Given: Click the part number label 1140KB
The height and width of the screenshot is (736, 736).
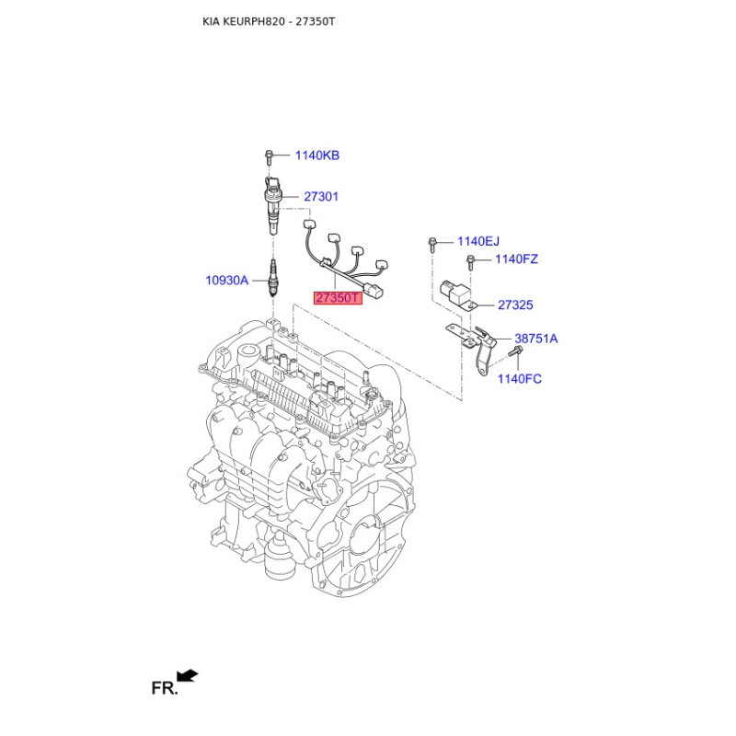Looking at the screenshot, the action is click(316, 155).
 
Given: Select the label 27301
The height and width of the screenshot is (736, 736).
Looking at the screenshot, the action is click(321, 197).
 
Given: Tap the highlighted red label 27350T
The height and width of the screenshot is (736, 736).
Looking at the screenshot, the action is click(338, 298).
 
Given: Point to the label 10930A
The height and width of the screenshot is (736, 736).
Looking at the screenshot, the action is click(226, 281).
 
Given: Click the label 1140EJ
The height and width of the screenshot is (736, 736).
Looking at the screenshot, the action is click(478, 241).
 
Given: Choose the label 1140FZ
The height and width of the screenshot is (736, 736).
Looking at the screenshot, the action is click(516, 259).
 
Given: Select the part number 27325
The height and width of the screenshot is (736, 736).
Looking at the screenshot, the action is click(515, 305).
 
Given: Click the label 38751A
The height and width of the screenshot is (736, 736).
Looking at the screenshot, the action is click(536, 339).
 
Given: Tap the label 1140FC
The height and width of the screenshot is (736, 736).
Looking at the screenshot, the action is click(520, 379).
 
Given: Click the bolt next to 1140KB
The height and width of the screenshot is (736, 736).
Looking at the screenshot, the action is click(269, 157).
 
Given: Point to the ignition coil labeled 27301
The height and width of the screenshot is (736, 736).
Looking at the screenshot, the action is click(273, 204).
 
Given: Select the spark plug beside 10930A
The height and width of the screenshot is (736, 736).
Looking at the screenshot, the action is click(272, 278).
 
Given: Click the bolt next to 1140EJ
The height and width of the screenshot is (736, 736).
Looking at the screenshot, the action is click(432, 245).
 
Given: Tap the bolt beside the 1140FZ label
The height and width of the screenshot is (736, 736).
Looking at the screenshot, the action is click(471, 262).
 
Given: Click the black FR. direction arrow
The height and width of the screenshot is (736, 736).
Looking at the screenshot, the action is click(188, 675).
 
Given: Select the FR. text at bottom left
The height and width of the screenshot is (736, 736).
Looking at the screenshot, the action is click(165, 688).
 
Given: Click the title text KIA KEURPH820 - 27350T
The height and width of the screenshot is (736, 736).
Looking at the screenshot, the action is click(269, 21).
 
